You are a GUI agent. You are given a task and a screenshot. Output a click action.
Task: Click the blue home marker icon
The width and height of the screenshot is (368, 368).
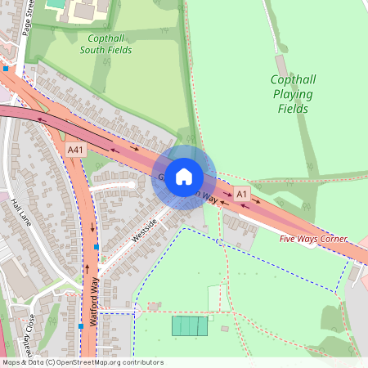point(184,177)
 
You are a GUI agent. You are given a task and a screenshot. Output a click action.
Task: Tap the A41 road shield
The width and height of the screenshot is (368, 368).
point(76,150)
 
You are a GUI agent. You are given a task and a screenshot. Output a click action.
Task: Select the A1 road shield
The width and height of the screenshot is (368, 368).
point(241,194)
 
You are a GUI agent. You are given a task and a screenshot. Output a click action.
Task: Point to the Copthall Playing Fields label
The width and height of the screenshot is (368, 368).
point(292,94)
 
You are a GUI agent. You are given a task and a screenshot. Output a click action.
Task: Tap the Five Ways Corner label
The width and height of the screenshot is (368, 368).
point(312,239)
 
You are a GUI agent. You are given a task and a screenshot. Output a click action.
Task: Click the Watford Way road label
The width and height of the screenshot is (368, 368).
point(94,303)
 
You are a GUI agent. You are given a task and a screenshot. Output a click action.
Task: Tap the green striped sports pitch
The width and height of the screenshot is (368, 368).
point(190,325)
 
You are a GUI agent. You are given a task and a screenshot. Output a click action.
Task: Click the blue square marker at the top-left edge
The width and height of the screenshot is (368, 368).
point(6,70)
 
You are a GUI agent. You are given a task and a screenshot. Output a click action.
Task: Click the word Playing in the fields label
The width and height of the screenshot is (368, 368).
point(292,94)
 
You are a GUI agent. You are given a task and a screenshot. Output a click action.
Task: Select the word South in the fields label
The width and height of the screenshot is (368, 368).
point(95,50)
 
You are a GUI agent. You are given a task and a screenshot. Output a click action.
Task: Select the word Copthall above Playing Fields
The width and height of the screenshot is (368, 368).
point(292,80)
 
